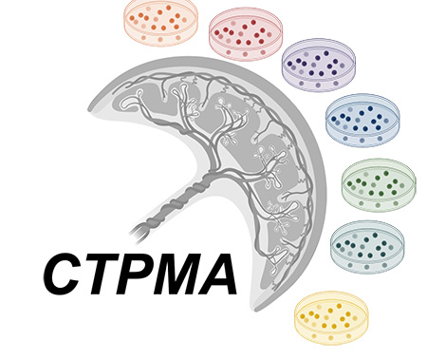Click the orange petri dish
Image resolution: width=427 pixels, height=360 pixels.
(161, 22)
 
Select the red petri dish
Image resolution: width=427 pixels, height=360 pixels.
(246, 33)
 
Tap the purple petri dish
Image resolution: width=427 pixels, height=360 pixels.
(319, 65)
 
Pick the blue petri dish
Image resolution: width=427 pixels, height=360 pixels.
(362, 120)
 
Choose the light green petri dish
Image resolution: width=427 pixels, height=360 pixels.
(379, 184)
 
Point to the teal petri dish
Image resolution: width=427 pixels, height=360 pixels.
(367, 246)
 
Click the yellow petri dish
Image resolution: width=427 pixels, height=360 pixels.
(331, 317)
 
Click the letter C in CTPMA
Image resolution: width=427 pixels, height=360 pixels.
(63, 275)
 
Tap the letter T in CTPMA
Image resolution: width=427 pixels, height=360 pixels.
(101, 275)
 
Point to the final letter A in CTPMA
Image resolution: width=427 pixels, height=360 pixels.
(216, 275)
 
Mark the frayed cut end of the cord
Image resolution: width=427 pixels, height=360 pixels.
(139, 234)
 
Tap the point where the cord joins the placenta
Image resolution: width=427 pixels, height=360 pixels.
(211, 174)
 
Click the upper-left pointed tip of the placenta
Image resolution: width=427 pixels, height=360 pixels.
(88, 108)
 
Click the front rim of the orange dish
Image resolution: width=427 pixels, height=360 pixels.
(161, 41)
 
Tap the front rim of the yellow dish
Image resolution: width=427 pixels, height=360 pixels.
(331, 339)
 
